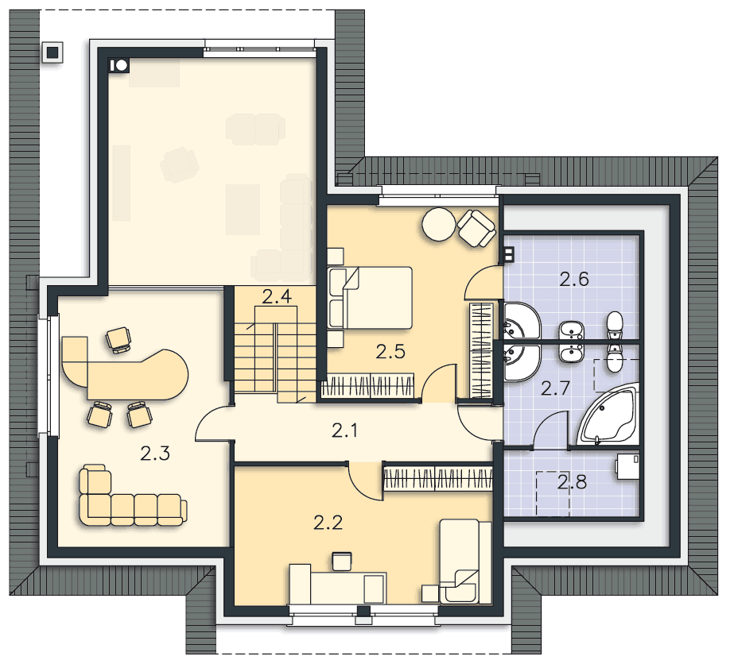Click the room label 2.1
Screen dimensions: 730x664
(x=344, y=431)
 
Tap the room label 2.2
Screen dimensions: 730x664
(x=328, y=523)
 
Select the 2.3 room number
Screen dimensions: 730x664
(x=155, y=453)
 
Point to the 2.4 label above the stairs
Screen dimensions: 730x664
(x=277, y=296)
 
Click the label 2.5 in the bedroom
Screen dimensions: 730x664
(x=390, y=352)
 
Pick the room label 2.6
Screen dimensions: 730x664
(x=574, y=279)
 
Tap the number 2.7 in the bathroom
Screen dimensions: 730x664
(x=555, y=388)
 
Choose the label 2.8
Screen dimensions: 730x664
(x=573, y=482)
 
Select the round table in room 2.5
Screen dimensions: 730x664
(x=439, y=224)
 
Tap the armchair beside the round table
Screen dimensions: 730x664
(x=476, y=228)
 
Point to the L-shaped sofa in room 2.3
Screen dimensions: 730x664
(x=130, y=496)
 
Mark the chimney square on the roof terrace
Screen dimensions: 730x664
(x=52, y=52)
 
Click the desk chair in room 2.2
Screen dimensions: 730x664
(x=342, y=561)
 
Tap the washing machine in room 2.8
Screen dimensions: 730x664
(x=626, y=466)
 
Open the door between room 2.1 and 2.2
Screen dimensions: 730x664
(x=366, y=481)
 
